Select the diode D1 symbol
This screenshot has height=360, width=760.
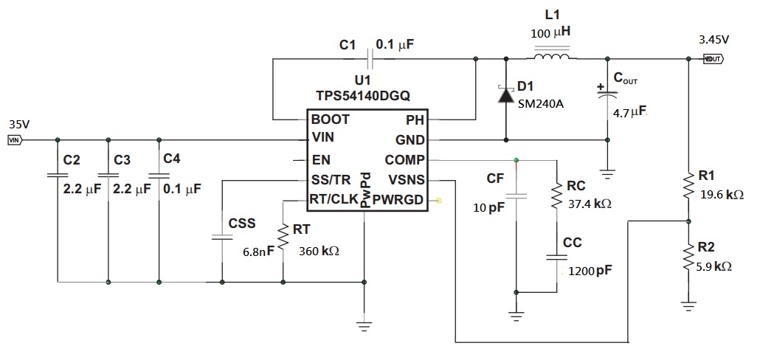pyautogui.click(x=506, y=94)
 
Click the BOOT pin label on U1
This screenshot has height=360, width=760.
pyautogui.click(x=331, y=119)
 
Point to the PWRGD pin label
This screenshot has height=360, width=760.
pyautogui.click(x=398, y=199)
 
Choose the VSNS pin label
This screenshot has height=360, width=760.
pyautogui.click(x=406, y=179)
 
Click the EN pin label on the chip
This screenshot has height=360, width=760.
pyautogui.click(x=320, y=159)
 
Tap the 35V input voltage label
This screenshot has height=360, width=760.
pyautogui.click(x=19, y=124)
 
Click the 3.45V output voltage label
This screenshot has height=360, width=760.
pyautogui.click(x=714, y=39)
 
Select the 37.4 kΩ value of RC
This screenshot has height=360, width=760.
pyautogui.click(x=590, y=203)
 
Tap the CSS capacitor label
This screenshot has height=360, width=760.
pyautogui.click(x=242, y=222)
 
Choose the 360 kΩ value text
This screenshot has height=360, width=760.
pyautogui.click(x=319, y=251)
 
